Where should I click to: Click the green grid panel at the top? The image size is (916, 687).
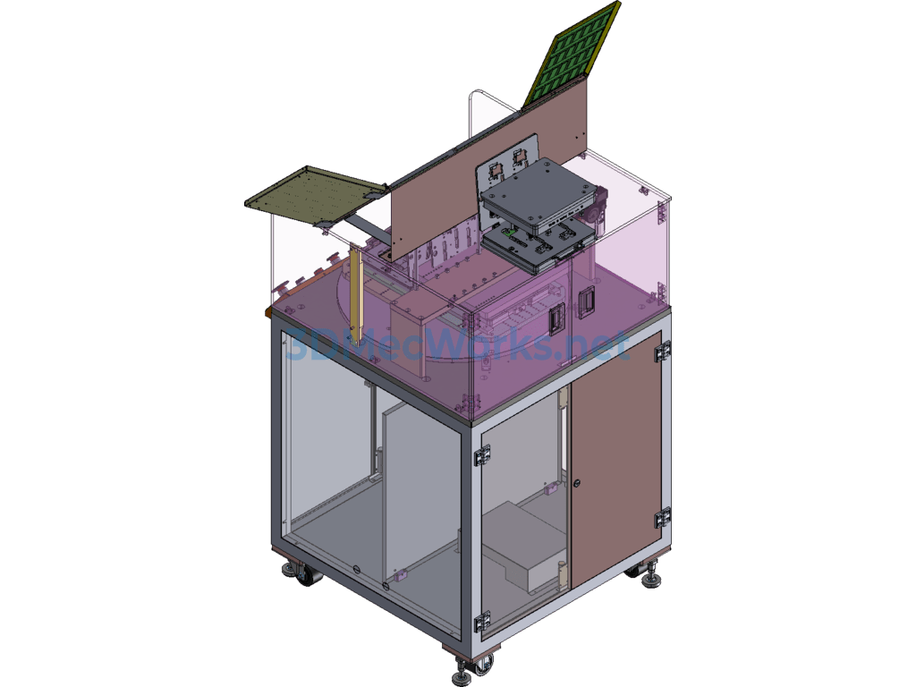572,55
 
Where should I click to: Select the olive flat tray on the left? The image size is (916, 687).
316,194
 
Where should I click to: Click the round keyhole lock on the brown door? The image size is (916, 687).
577,483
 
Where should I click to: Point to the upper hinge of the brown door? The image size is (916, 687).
663,351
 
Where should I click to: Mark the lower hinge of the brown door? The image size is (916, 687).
663,518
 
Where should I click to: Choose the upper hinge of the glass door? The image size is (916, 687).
482,455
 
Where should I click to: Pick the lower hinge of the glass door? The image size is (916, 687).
482,622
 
